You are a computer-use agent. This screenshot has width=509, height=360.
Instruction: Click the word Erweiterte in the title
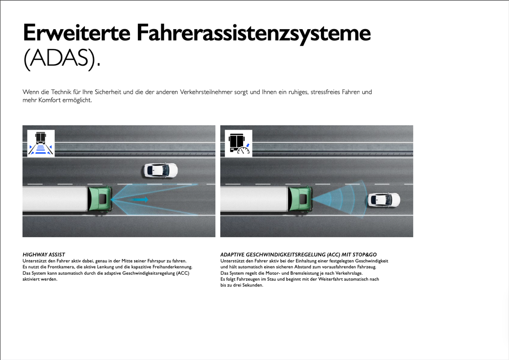(x=76, y=33)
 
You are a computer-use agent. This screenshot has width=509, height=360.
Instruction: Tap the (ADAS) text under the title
(x=62, y=59)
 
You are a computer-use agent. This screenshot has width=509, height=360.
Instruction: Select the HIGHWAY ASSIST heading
(x=44, y=254)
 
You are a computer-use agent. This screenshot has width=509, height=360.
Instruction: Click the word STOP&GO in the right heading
(x=365, y=254)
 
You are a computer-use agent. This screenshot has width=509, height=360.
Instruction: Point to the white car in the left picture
(x=161, y=170)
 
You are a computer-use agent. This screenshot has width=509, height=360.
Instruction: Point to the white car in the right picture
(x=384, y=200)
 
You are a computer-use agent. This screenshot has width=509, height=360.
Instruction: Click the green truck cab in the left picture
(x=100, y=199)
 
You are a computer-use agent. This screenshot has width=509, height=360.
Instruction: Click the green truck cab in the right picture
(x=300, y=199)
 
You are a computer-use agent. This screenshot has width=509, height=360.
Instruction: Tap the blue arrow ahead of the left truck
(x=140, y=199)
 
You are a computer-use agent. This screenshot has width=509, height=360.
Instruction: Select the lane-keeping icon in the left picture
(x=41, y=143)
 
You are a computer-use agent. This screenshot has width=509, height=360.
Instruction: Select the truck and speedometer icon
(x=239, y=143)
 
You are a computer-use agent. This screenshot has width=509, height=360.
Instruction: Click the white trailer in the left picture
(x=55, y=199)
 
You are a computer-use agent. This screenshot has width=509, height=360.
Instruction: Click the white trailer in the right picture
(x=254, y=199)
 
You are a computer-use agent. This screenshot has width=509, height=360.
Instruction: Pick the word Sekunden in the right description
(x=253, y=285)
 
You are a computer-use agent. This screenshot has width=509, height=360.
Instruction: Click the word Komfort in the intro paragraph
(x=49, y=100)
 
